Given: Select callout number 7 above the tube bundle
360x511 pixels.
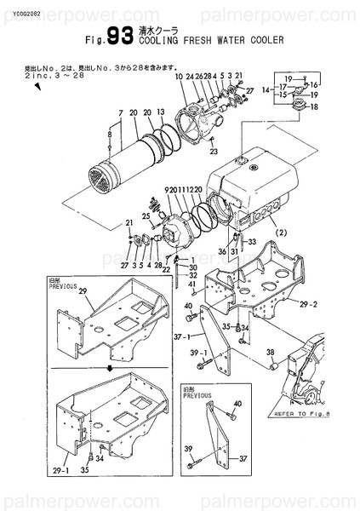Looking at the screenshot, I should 121,113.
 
